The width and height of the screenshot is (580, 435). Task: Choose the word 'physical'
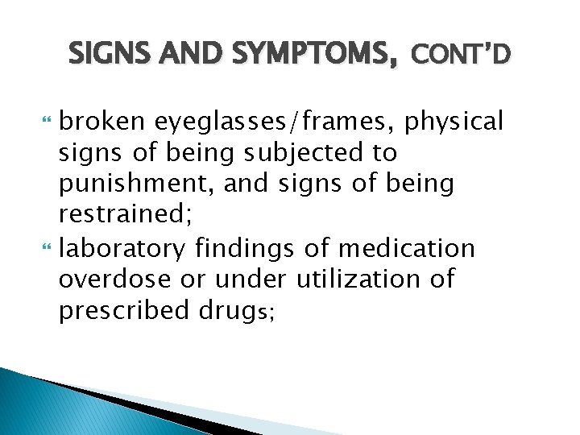click(454, 122)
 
